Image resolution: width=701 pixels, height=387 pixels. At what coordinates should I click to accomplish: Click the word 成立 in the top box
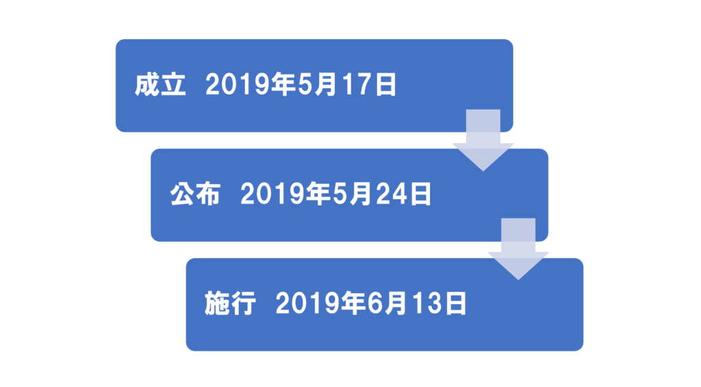160,84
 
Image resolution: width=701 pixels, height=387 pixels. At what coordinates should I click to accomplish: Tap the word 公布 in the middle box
195,194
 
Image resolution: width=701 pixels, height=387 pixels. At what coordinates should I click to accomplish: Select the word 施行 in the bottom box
230,303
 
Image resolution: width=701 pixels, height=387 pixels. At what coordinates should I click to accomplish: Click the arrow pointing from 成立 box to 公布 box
483,140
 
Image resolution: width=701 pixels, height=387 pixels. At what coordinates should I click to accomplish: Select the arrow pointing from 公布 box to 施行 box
518,249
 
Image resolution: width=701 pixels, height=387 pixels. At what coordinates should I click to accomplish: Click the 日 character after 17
386,85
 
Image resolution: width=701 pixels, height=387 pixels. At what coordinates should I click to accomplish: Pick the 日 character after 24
421,194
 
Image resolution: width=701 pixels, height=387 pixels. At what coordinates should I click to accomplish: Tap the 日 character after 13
456,304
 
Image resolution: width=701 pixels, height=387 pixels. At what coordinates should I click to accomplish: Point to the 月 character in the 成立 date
325,85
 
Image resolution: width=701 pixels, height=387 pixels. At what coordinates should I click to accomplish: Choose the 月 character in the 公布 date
360,194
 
